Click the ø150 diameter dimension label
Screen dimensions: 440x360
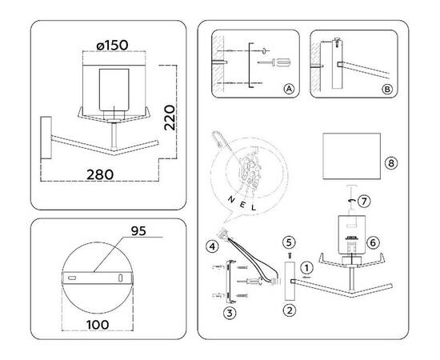[x=112, y=45]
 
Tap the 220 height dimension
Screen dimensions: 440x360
[x=170, y=118]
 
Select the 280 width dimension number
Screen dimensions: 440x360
[x=100, y=174]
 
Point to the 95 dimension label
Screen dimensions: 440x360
[x=138, y=231]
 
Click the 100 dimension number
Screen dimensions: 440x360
[x=98, y=325]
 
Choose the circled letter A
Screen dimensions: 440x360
[x=289, y=89]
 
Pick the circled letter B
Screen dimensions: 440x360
[x=387, y=90]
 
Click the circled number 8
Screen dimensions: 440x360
[x=391, y=163]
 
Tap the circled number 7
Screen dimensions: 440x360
[x=364, y=201]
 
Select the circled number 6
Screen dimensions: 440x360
[x=373, y=242]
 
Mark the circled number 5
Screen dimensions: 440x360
[x=289, y=242]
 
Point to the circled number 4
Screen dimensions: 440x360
[x=212, y=246]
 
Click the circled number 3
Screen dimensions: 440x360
[x=230, y=313]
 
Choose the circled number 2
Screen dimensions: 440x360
[x=290, y=310]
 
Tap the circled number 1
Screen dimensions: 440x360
[x=306, y=268]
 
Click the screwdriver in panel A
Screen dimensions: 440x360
[x=274, y=62]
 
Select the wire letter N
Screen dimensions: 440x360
[x=231, y=200]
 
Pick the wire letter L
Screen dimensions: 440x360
[x=254, y=208]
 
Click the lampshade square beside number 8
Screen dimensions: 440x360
[x=352, y=156]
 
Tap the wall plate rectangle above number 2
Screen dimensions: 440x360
[x=290, y=281]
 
